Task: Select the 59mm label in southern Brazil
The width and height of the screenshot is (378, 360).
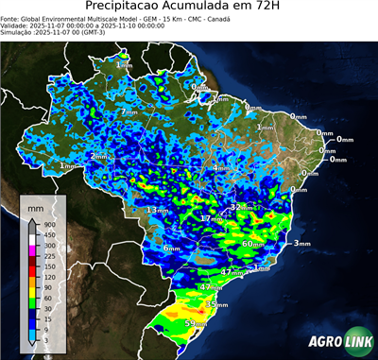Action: point(196,324)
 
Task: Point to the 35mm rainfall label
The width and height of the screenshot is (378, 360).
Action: point(217,305)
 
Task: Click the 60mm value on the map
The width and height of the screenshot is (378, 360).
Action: point(252,244)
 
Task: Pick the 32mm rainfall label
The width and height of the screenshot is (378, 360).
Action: point(244,207)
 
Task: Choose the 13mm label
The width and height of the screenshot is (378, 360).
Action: point(157,210)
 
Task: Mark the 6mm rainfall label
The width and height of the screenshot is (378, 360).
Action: point(171,248)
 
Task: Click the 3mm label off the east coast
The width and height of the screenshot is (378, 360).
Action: point(302,244)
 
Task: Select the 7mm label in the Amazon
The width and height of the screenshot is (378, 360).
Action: point(129,111)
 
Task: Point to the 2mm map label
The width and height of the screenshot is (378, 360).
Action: point(99,156)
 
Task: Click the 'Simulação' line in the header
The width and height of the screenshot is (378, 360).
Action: point(53,31)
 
